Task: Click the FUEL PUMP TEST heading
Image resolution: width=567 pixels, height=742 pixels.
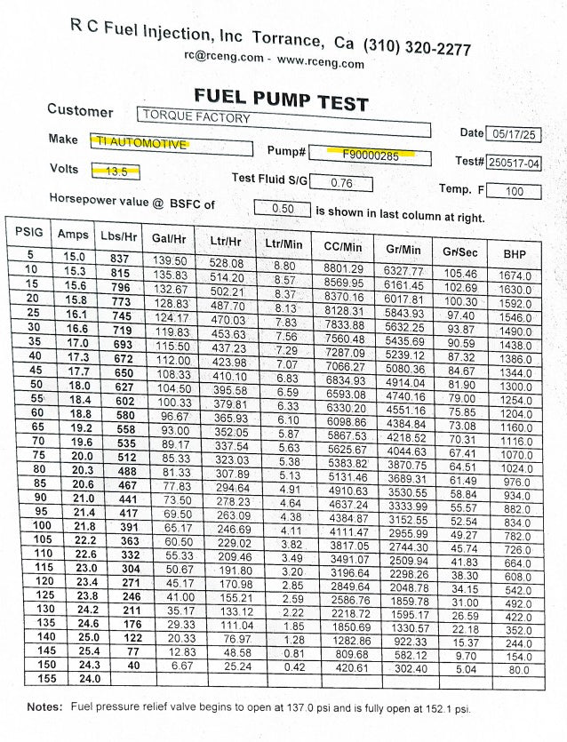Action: tap(280, 99)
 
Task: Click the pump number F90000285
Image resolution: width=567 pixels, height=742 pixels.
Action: tap(372, 154)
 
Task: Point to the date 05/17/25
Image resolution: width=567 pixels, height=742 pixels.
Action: tap(514, 135)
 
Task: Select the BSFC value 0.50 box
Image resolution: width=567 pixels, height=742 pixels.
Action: tap(283, 209)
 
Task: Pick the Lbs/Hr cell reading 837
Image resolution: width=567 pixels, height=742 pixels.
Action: tap(120, 258)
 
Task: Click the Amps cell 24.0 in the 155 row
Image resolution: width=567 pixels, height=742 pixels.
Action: tap(72, 679)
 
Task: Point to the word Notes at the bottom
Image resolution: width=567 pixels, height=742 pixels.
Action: tap(44, 707)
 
